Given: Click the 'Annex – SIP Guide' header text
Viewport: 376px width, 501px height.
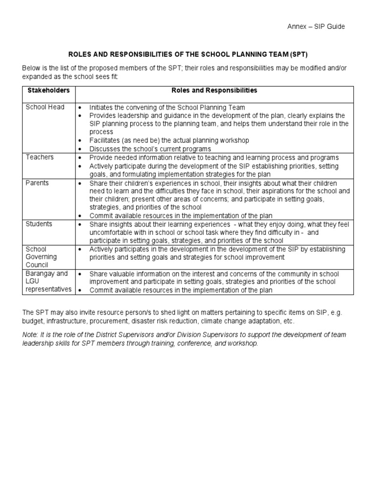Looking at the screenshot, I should (316, 26).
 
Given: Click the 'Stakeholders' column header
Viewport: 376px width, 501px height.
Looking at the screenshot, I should (48, 91).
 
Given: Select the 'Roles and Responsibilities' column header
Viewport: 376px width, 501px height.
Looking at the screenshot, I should (214, 91).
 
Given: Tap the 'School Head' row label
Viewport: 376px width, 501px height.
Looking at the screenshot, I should (45, 107).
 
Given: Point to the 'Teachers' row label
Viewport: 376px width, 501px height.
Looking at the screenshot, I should (40, 157).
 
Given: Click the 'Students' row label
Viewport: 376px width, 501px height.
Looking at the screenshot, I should (39, 224).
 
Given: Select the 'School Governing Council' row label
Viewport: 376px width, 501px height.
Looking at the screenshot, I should (41, 257).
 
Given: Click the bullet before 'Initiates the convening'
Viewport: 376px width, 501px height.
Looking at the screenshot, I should (80, 107).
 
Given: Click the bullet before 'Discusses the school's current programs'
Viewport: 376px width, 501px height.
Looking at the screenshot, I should (80, 149).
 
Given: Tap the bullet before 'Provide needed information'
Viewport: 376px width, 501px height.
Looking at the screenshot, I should (80, 158).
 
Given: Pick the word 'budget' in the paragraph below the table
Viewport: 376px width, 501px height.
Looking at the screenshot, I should (33, 321).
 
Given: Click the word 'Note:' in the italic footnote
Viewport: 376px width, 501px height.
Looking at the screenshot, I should (30, 335).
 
